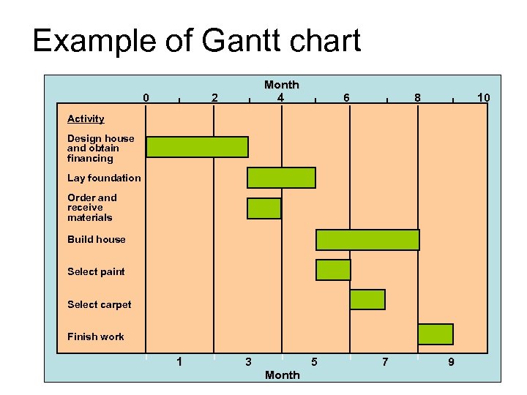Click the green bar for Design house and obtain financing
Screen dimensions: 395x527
coord(197,147)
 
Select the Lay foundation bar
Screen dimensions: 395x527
coord(281,178)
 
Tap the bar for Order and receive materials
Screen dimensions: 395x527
coord(263,208)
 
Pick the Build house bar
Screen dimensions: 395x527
coord(367,240)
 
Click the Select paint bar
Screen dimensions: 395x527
coord(333,270)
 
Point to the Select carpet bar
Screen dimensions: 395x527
coord(367,300)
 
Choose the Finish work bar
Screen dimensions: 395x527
coord(436,334)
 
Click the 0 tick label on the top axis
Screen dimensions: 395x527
coord(146,98)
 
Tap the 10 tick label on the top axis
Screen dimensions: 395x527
coord(483,98)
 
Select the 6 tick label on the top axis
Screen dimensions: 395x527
coord(347,98)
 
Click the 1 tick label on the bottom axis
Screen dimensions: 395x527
coord(179,361)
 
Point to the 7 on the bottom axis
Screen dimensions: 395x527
coord(385,361)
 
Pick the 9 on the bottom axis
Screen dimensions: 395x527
coord(451,361)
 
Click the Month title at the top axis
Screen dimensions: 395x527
coord(282,85)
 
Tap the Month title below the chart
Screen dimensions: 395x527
coord(282,375)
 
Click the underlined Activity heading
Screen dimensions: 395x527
coord(86,118)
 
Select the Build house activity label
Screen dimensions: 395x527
coord(96,239)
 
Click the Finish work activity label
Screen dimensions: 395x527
coord(95,336)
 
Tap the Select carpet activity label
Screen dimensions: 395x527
coord(99,304)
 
